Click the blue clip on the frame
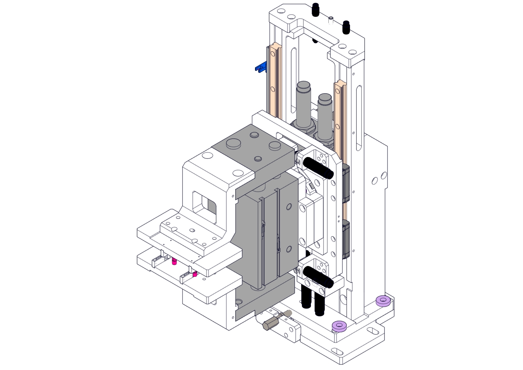(x=261, y=68)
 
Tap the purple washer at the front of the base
(x=339, y=326)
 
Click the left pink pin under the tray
(x=174, y=261)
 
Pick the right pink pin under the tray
(x=195, y=274)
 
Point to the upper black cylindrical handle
(x=318, y=167)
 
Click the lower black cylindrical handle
(x=318, y=277)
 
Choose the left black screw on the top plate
(x=316, y=10)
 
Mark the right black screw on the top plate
(x=346, y=27)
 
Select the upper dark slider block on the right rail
(x=345, y=183)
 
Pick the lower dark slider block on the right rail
(x=345, y=239)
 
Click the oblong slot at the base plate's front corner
(x=337, y=351)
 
